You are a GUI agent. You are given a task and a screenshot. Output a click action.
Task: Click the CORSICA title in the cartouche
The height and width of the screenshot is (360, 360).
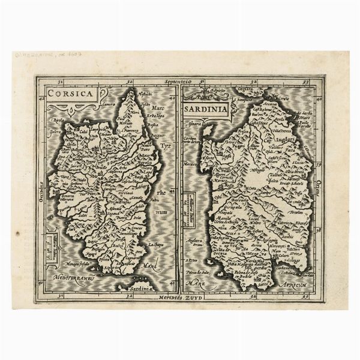point(71,94)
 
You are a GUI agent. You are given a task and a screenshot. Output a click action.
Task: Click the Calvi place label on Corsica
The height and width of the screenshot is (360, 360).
point(84,131)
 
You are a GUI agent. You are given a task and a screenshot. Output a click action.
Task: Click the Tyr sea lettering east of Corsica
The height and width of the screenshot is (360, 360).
point(164,146)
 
